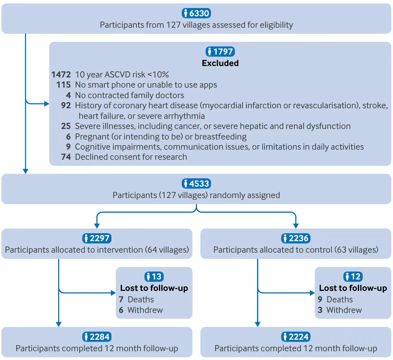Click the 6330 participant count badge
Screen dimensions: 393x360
[196, 13]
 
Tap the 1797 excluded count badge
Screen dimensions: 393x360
[220, 51]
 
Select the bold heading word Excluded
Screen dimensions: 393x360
[220, 63]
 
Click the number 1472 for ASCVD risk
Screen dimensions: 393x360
[61, 74]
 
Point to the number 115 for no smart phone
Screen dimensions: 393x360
[63, 85]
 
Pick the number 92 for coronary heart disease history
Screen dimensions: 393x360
[66, 105]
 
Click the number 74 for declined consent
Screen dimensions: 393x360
[66, 157]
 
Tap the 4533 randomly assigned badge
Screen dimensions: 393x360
[196, 184]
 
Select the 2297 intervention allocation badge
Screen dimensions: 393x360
[97, 238]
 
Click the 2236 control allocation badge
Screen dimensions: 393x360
[296, 238]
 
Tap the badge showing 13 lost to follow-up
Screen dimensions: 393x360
[154, 276]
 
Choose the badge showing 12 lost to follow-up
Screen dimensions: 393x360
[353, 276]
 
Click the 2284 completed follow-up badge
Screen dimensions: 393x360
[97, 337]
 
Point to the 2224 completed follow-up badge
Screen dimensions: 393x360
[296, 337]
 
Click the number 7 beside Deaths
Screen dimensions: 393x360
[121, 299]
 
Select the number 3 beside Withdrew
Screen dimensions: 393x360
[320, 310]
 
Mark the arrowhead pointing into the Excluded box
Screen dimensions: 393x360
[47, 103]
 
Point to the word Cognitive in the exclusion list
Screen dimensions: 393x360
[92, 147]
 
